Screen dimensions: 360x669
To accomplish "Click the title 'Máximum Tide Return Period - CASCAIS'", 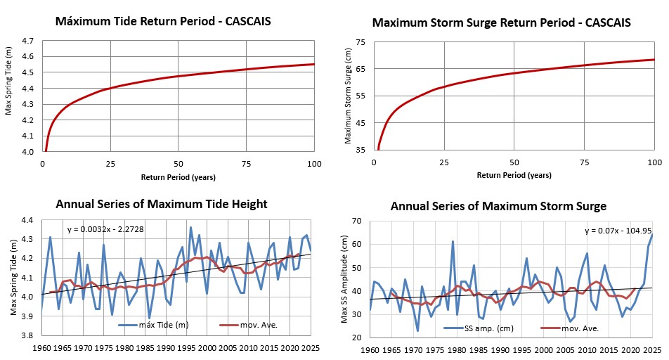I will (164, 22).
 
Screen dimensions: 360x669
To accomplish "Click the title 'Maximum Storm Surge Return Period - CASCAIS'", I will (502, 22).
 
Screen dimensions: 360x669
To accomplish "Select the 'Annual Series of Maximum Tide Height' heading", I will (161, 205).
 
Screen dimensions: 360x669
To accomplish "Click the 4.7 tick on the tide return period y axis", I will (27, 41).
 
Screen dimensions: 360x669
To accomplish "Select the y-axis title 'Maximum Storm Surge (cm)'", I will (347, 96).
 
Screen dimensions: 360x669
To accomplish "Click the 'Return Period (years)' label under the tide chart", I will (178, 176).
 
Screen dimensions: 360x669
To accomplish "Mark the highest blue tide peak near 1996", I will (190, 227).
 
